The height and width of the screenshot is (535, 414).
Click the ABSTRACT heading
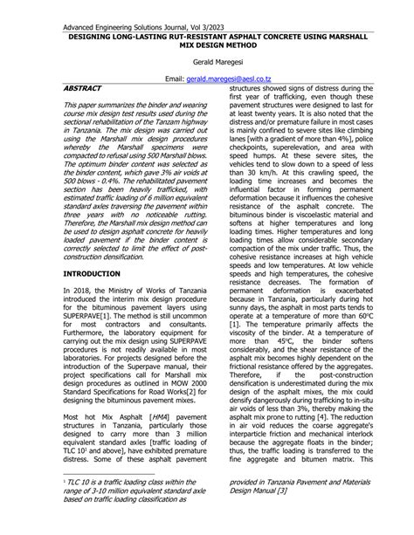coord(83,88)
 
